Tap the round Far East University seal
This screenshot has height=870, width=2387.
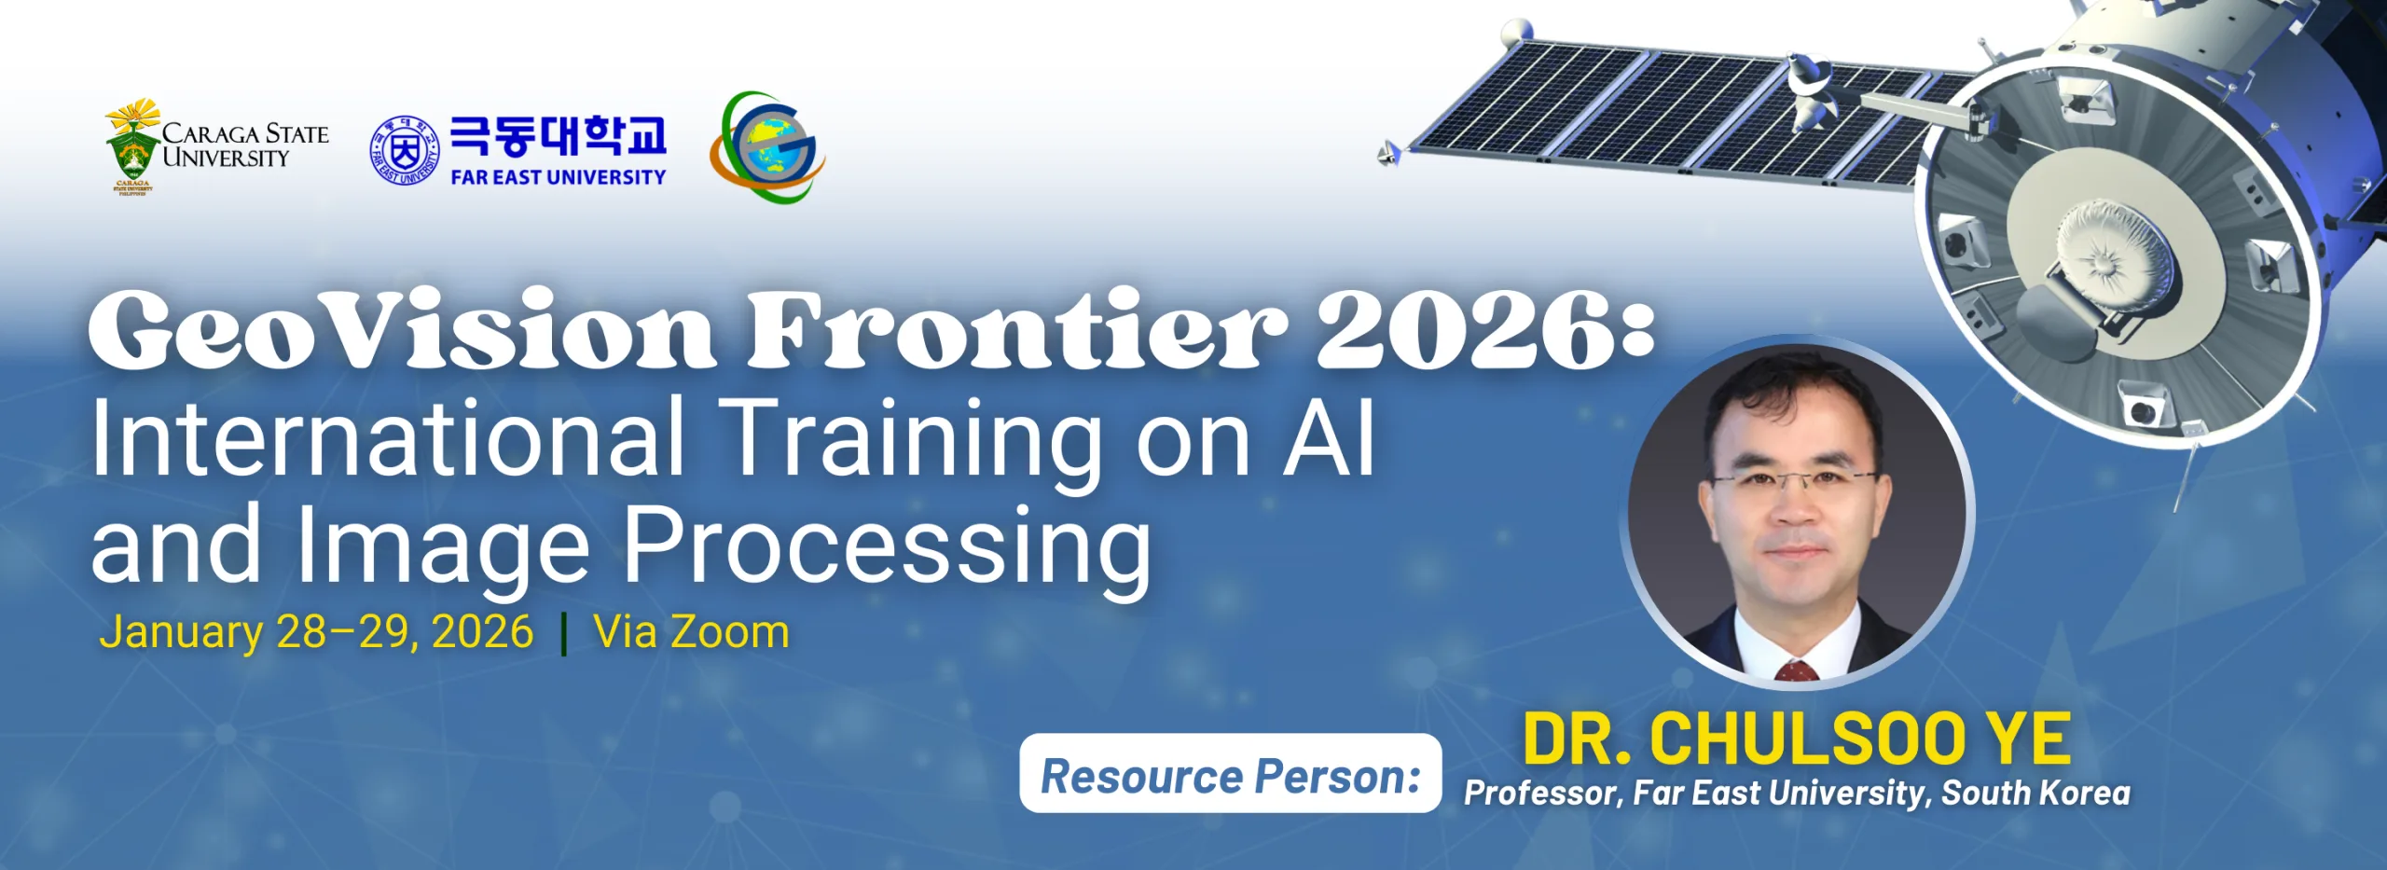point(404,150)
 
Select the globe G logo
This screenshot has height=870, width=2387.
point(767,146)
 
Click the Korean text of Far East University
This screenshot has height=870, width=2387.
point(559,136)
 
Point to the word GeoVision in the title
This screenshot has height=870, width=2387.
point(401,329)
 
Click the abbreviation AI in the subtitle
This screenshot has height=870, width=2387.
point(1328,436)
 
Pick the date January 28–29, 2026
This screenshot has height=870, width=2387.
point(316,632)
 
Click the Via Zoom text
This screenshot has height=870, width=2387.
point(692,631)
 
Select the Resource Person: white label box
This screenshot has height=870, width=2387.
point(1231,773)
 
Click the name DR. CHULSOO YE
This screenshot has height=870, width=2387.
point(1797,739)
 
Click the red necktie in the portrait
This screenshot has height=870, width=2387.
point(1796,671)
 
